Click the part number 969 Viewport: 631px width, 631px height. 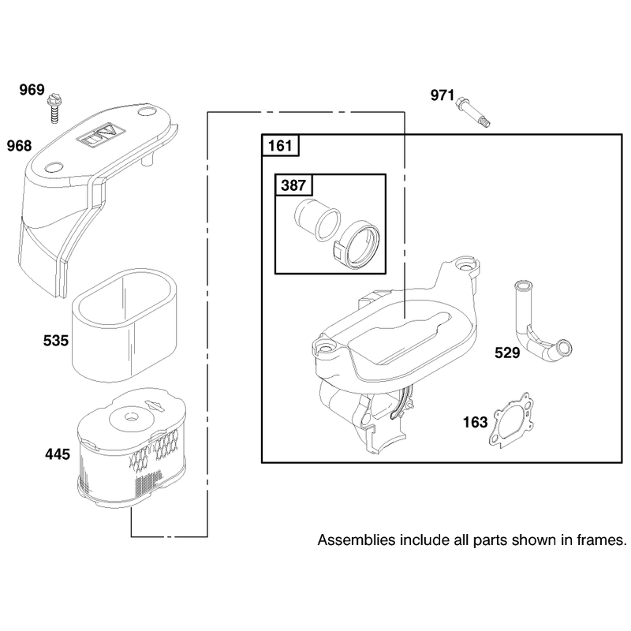32,89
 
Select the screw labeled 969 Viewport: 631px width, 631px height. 53,108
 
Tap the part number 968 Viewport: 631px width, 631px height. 19,146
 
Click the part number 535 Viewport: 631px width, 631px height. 56,341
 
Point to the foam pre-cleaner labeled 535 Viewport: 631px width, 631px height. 125,327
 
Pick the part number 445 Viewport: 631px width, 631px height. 58,454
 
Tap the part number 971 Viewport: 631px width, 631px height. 442,95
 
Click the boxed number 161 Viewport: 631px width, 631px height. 280,145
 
